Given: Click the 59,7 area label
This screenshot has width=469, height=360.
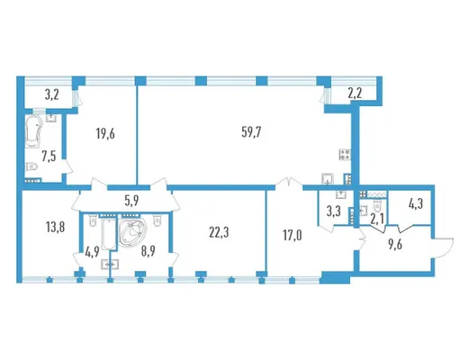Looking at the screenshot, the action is click(x=251, y=132).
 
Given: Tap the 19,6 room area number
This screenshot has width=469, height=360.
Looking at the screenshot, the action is click(x=105, y=134).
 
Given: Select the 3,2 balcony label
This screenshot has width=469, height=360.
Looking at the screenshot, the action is click(x=52, y=94).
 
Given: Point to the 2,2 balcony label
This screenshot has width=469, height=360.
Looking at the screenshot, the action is click(x=355, y=94).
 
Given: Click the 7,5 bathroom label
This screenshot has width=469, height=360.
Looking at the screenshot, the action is click(x=49, y=157).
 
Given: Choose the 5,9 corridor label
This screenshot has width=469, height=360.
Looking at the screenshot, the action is click(x=131, y=201).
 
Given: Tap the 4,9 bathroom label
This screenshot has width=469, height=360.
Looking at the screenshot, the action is click(x=93, y=251).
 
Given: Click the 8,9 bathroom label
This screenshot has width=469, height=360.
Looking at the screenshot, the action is click(x=148, y=251).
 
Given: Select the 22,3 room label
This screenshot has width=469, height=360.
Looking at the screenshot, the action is click(x=219, y=232).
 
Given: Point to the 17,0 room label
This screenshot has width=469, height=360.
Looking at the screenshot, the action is click(x=293, y=236).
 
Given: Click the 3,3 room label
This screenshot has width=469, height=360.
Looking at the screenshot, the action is click(x=333, y=211).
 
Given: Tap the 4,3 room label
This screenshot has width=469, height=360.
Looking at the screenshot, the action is click(x=416, y=204).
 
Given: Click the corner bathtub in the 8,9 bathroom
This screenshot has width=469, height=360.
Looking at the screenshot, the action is click(x=133, y=232).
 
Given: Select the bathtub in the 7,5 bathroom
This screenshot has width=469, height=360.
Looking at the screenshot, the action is click(x=32, y=130).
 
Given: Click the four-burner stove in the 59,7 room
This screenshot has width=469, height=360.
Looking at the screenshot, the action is click(x=345, y=155).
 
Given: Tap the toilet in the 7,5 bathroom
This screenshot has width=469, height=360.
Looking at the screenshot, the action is click(x=32, y=166).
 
